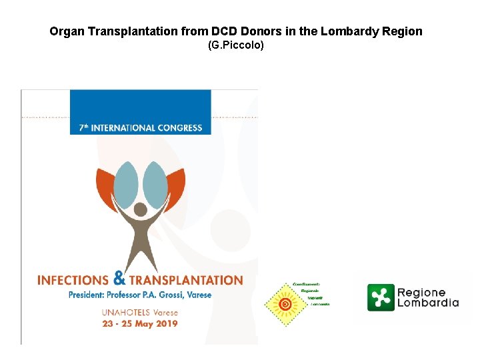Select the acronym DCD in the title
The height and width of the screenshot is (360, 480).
227,31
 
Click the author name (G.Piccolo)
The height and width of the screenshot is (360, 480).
236,45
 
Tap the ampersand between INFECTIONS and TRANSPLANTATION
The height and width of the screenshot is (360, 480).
119,277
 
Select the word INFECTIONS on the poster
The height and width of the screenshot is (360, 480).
73,280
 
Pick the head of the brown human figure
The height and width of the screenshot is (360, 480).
141,211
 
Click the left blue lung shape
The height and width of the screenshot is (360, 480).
125,185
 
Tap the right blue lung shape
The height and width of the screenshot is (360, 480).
156,185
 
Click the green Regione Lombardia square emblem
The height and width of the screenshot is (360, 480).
380,297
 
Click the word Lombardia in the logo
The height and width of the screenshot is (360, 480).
427,303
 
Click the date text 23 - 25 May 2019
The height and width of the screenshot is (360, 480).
139,324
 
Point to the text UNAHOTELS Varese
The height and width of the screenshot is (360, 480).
139,312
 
